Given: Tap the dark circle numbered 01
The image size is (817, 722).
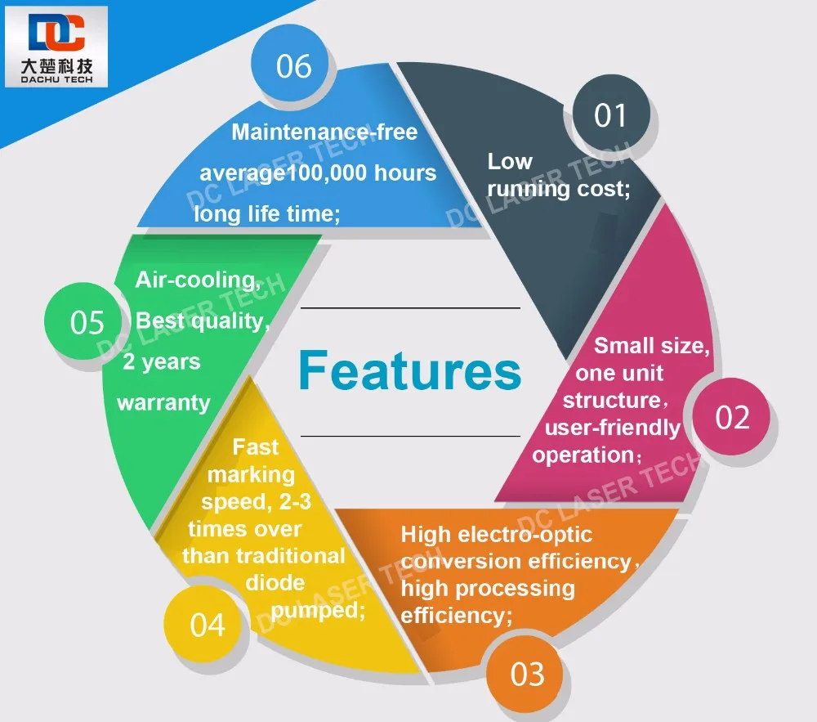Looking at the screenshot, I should tap(610, 115).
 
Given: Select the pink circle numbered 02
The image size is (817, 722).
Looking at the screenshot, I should tap(732, 418).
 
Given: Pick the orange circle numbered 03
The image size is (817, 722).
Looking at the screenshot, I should tap(527, 675).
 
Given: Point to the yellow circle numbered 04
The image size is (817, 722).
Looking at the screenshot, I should tap(207, 626).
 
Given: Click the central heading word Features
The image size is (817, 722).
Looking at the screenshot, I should tap(409, 370).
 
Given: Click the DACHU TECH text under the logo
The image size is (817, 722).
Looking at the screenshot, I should tap(56, 79).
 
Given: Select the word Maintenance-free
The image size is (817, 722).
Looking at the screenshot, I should tap(324, 132).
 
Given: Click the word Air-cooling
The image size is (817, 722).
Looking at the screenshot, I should tap(198, 280).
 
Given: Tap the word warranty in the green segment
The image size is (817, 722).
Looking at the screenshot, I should tap(163, 403).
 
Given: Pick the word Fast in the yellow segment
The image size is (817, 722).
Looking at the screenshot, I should tap(255, 447).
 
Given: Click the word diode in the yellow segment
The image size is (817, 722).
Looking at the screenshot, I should tap(275, 583).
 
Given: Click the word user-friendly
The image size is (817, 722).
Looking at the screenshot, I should tap(612, 428).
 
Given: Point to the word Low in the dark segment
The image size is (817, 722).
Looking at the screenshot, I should tap(510, 161).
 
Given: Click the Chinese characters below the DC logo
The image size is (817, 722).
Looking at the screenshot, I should tap(56, 65).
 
